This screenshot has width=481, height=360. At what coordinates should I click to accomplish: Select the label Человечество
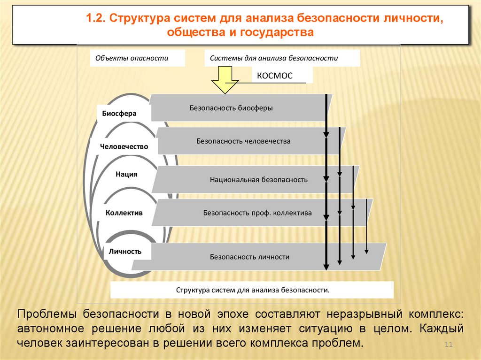(124, 146)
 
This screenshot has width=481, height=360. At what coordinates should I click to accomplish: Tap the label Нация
(126, 174)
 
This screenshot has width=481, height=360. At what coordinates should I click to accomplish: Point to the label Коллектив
(124, 213)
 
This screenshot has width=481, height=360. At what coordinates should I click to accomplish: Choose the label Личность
(125, 251)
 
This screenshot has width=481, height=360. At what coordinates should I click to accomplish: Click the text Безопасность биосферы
(231, 107)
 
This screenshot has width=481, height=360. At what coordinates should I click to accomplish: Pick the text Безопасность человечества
(243, 141)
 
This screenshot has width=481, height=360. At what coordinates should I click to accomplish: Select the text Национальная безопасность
(259, 179)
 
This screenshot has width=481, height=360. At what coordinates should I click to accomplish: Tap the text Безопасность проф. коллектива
(257, 213)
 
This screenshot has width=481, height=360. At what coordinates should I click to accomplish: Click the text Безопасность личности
(249, 257)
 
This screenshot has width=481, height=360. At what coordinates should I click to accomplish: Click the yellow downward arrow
(225, 80)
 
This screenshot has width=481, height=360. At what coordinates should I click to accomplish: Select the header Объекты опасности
(132, 59)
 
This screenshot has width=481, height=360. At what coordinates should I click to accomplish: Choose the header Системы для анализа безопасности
(274, 59)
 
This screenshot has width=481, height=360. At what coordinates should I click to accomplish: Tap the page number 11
(448, 345)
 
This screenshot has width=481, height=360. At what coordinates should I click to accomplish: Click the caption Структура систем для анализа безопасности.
(253, 290)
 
